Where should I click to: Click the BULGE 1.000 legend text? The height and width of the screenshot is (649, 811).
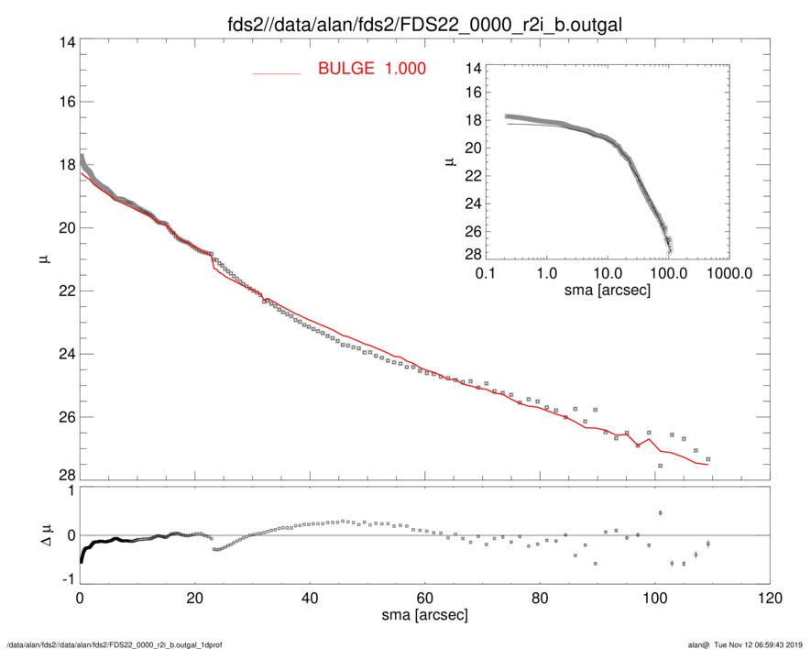click(371, 69)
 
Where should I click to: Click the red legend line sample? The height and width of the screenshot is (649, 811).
click(276, 73)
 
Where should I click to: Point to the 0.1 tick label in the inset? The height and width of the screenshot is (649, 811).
click(486, 274)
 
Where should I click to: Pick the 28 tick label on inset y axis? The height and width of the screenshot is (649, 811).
click(473, 254)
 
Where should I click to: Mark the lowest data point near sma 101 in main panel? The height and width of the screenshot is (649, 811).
click(660, 466)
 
